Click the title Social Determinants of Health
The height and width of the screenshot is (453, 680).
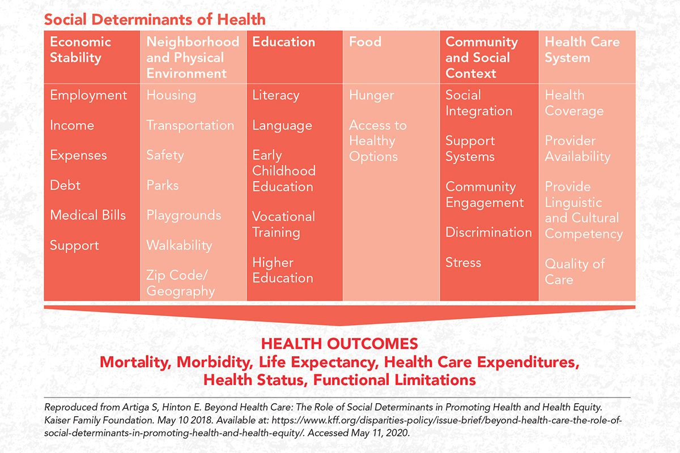coord(155,20)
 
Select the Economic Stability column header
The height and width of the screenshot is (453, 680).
coord(80,50)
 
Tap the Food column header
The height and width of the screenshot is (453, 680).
coord(365,42)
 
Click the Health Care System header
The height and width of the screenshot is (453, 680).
coord(582,50)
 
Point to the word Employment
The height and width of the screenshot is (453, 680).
coord(88,95)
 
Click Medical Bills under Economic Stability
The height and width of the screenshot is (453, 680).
coord(88,215)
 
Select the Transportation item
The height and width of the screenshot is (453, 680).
coord(190,125)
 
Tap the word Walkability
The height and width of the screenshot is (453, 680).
coord(179,245)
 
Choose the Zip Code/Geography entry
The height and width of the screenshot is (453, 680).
coord(180,283)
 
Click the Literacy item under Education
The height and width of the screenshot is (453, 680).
coord(275,95)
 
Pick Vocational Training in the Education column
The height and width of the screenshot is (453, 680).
coord(283,224)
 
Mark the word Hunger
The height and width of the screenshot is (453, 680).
coord(371,95)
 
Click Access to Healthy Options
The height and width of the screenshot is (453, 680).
coord(377,141)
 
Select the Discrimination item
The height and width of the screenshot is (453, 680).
coord(488,232)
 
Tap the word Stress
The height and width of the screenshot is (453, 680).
coord(463,263)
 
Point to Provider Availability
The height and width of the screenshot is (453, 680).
coord(577,148)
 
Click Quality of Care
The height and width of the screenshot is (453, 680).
coord(575,272)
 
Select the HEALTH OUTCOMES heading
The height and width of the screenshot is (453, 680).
coord(339,344)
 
